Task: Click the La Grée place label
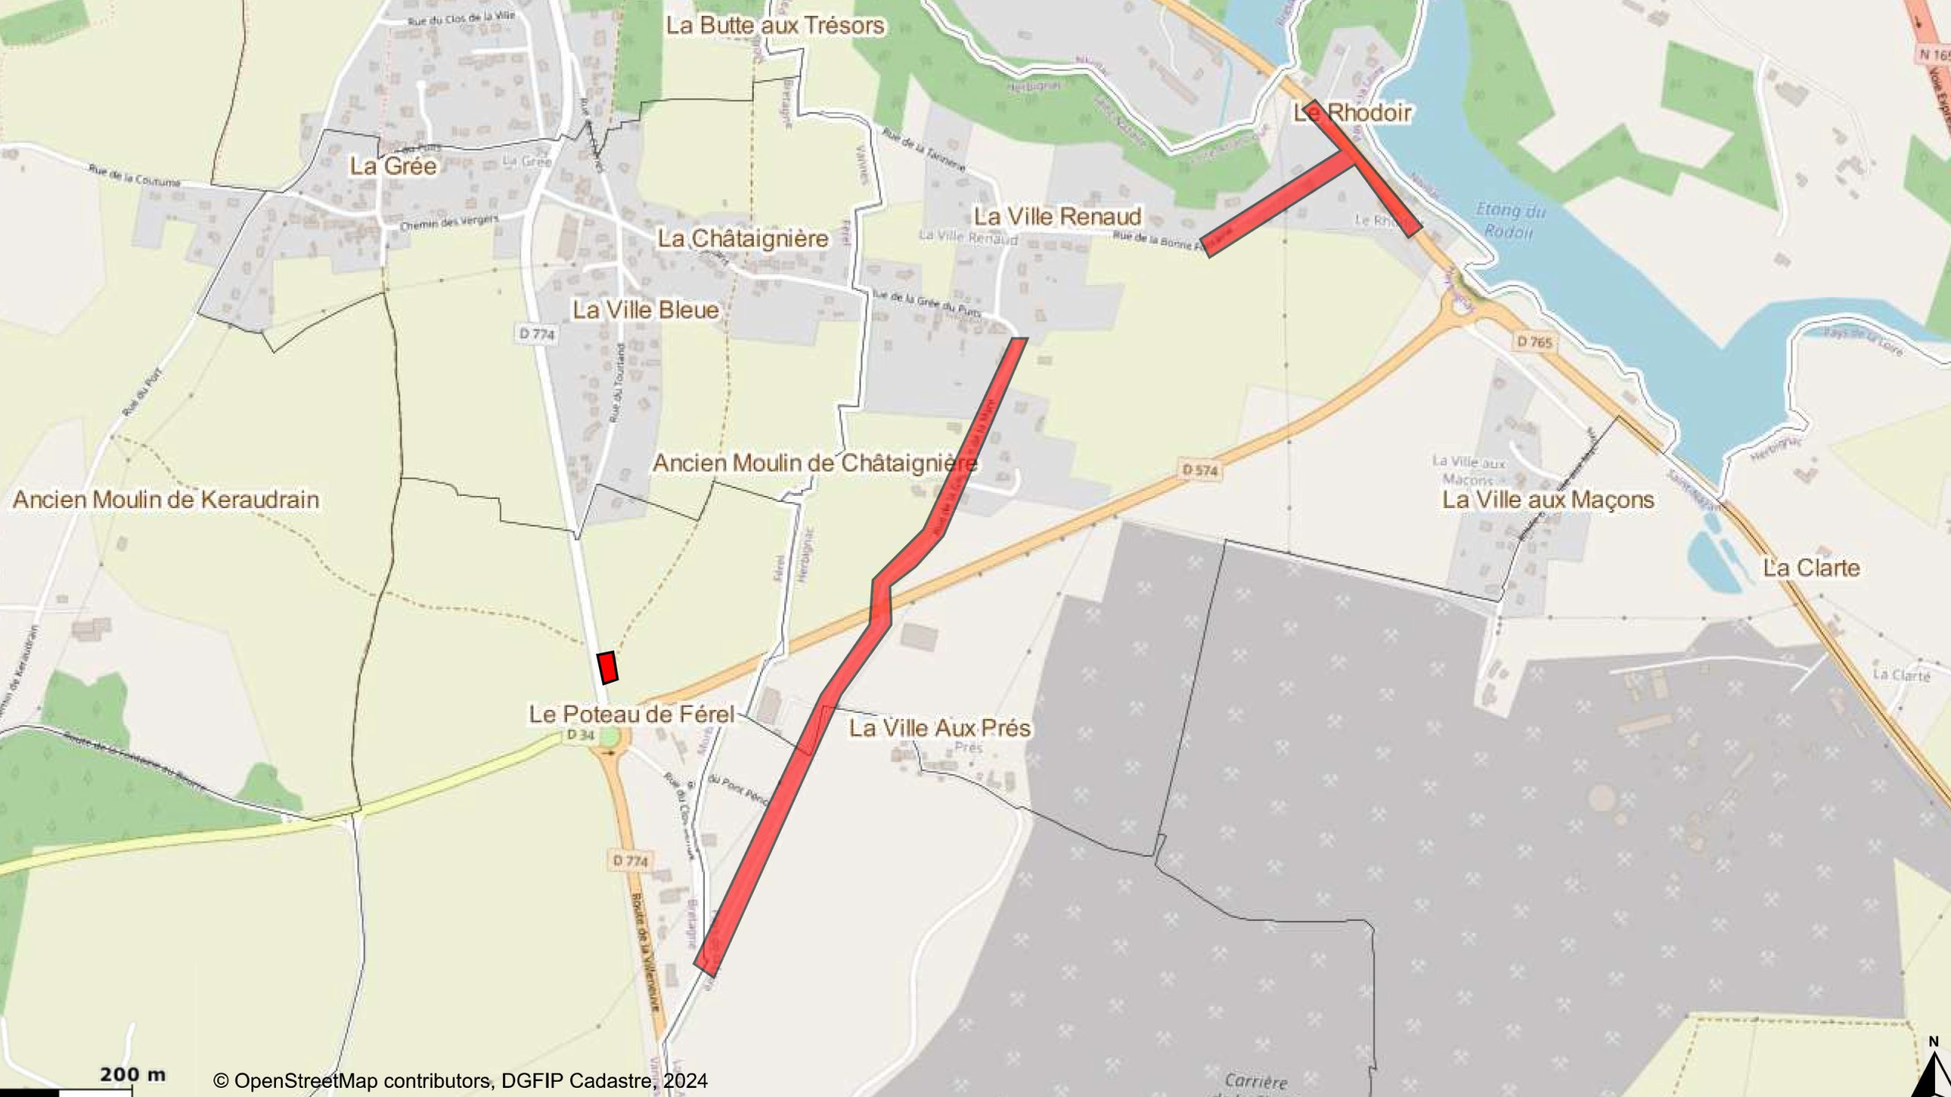click(393, 166)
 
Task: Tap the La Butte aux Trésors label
click(775, 25)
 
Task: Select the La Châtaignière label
click(743, 238)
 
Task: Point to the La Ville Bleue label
click(646, 310)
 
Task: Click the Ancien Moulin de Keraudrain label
click(166, 500)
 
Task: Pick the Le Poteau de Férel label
click(632, 715)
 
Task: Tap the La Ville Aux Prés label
click(940, 728)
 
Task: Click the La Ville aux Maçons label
click(1549, 501)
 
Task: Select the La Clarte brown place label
click(1812, 568)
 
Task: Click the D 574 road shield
click(1200, 471)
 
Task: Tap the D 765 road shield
click(1534, 343)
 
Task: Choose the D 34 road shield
click(581, 735)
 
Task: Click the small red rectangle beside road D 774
click(607, 667)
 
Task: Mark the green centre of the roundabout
click(609, 737)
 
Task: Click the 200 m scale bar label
click(133, 1075)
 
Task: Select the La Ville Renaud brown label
click(1057, 216)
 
